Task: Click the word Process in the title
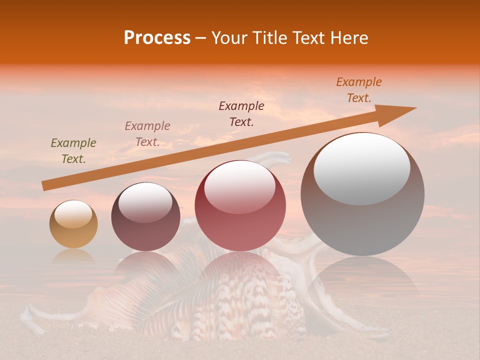pos(157,38)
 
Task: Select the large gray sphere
pos(362,225)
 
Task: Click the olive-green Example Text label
pos(73,151)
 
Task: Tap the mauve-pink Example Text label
pos(147,134)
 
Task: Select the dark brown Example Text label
pos(241,114)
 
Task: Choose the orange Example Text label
pos(359,90)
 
